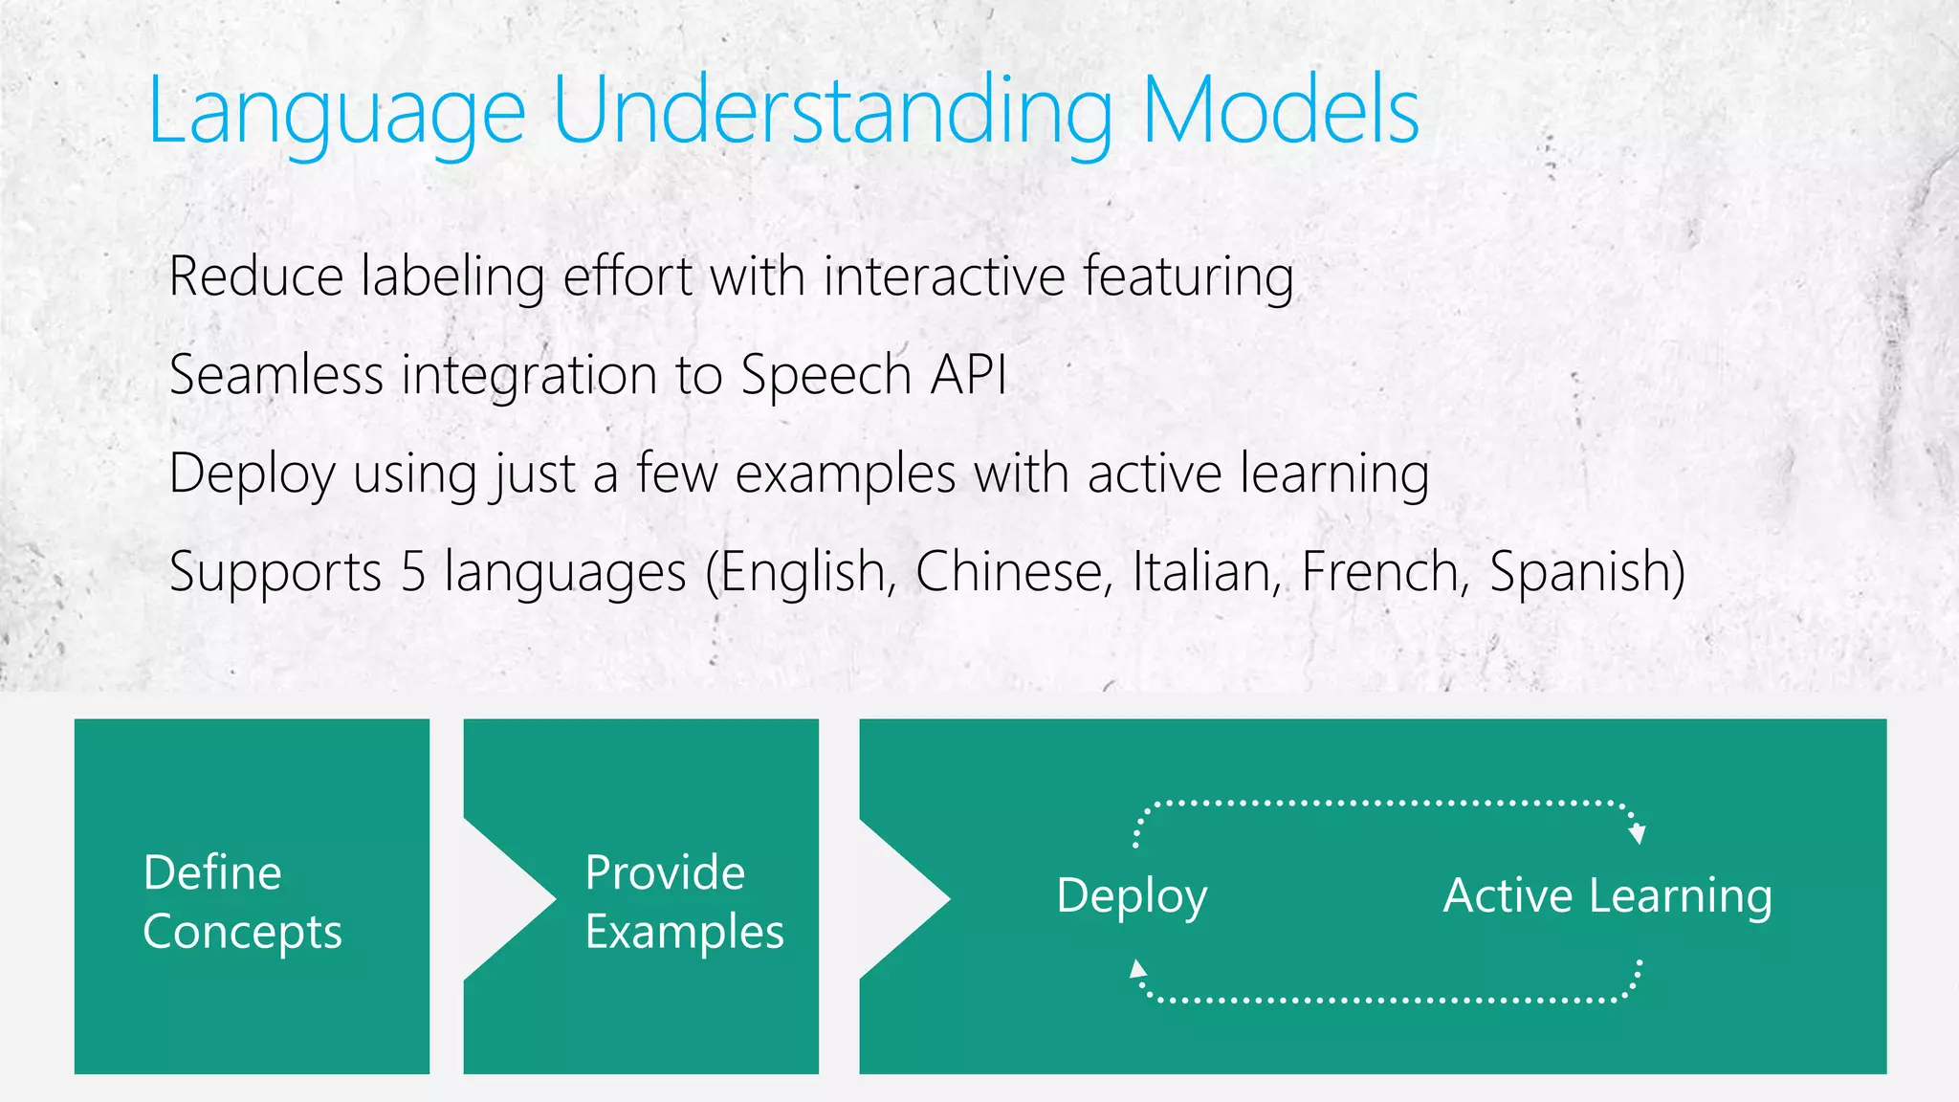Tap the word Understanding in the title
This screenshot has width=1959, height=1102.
point(832,113)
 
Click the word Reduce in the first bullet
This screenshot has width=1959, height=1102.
point(255,276)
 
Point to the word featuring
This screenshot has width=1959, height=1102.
point(1188,278)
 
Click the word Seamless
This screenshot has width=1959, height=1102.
point(275,374)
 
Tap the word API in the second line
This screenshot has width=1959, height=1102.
point(968,374)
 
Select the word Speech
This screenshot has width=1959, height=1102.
point(825,376)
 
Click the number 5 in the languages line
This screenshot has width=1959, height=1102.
point(413,572)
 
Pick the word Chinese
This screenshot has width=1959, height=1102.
point(1014,572)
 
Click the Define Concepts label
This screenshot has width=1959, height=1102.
point(242,902)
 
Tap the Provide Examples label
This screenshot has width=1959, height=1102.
point(683,902)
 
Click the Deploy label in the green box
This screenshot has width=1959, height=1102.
point(1132,897)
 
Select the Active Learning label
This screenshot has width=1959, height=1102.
point(1607,896)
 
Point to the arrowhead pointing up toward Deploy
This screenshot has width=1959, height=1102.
point(1137,969)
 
